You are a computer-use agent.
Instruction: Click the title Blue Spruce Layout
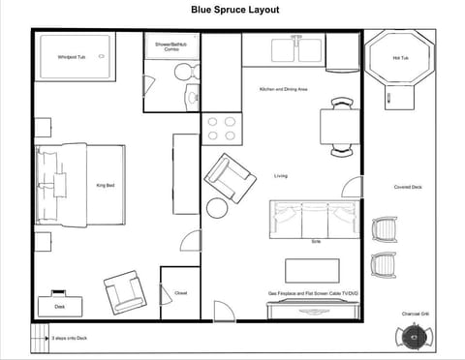pos(234,10)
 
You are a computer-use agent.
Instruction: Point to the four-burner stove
pos(221,129)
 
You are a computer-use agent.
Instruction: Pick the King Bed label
pos(106,185)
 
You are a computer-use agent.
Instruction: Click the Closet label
pos(181,292)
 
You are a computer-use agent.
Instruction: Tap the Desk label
pos(60,306)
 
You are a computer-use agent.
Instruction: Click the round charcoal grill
pos(412,336)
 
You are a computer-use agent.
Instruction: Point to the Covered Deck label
pos(408,187)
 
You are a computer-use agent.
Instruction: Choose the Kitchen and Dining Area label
pos(284,89)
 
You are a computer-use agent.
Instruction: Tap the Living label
pos(281,175)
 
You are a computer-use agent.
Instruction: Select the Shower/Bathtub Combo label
pos(170,45)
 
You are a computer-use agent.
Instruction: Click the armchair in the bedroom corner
pos(124,290)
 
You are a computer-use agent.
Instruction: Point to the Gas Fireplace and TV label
pos(313,292)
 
